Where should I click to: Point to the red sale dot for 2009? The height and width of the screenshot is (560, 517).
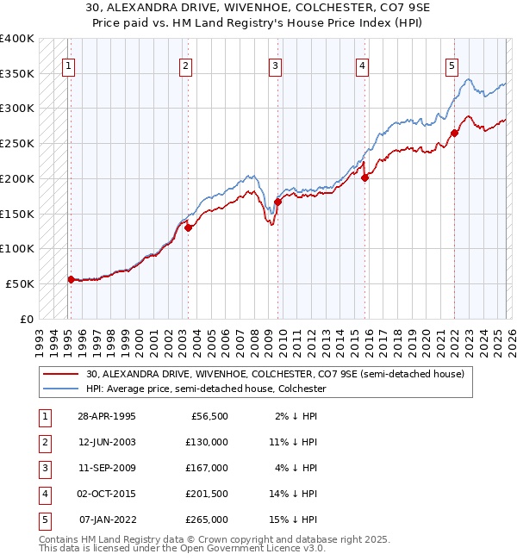(x=277, y=202)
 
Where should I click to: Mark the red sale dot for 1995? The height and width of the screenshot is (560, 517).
(x=71, y=278)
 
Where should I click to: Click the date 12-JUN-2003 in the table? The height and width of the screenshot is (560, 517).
(x=107, y=441)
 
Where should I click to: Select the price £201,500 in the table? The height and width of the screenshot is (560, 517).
(x=207, y=494)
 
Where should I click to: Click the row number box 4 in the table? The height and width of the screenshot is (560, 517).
(x=44, y=494)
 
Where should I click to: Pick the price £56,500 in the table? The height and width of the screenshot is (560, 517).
(x=209, y=415)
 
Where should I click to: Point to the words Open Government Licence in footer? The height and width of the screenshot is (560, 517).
(x=245, y=547)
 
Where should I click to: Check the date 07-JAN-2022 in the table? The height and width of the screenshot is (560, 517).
(x=107, y=520)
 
